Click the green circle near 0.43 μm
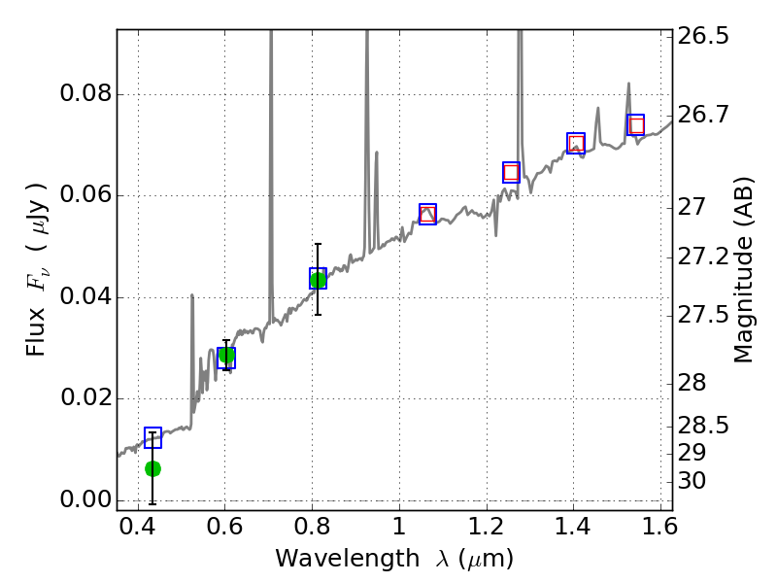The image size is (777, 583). [152, 468]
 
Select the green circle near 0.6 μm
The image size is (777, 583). [226, 355]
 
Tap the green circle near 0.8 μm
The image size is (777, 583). [318, 280]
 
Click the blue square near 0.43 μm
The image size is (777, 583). [152, 437]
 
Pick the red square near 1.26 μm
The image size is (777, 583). [511, 173]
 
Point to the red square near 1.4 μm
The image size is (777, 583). [576, 144]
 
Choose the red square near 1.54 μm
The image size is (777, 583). [636, 125]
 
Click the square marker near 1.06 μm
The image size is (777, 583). [427, 214]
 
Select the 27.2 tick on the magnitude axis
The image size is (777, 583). [705, 257]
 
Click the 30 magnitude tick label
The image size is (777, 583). [695, 481]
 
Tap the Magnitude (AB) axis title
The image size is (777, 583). [744, 269]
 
